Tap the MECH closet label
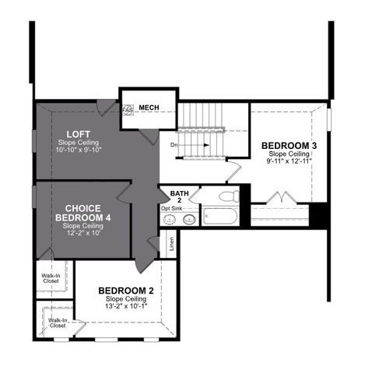pyautogui.click(x=149, y=107)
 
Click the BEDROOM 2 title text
pyautogui.click(x=126, y=291)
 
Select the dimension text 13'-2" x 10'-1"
pyautogui.click(x=126, y=306)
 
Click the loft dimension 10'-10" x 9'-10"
pyautogui.click(x=79, y=150)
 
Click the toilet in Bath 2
pyautogui.click(x=230, y=196)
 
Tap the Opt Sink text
pyautogui.click(x=171, y=209)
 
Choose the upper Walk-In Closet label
pyautogui.click(x=50, y=277)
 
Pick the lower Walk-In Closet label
pyautogui.click(x=57, y=323)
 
